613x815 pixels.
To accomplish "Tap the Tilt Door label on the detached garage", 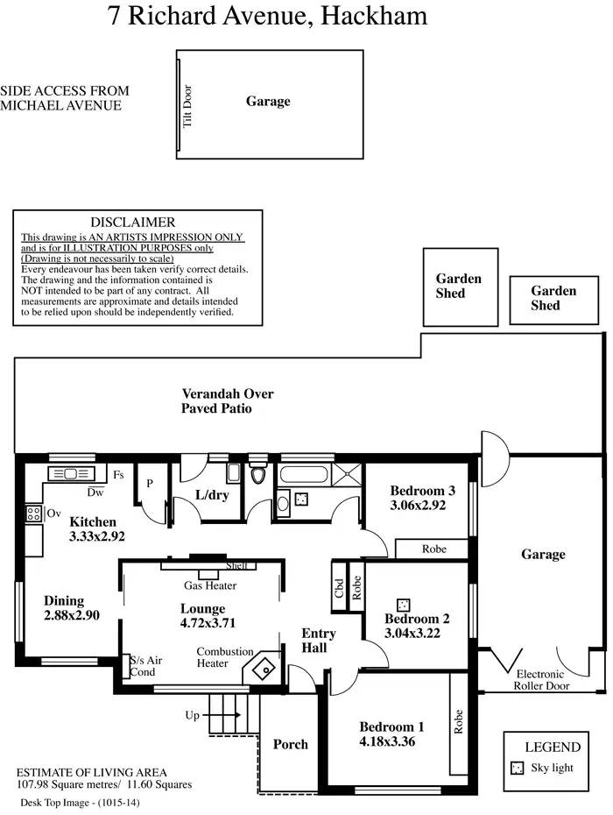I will [187, 105].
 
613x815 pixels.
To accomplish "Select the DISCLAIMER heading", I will [133, 223].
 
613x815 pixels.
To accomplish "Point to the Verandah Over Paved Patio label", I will [217, 400].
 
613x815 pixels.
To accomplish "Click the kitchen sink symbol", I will [66, 474].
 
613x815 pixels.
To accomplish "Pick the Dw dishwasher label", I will [95, 493].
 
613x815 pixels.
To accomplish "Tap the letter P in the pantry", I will [149, 483].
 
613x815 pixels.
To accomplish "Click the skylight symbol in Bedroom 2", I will [403, 605].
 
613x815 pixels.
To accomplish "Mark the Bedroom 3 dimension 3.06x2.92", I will [419, 506].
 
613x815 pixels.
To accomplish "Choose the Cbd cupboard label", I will [339, 588].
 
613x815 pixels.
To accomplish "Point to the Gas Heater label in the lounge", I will [209, 585].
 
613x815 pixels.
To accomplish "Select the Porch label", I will [290, 744].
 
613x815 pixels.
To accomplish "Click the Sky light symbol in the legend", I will [517, 768].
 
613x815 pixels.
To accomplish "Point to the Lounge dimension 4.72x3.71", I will [203, 623].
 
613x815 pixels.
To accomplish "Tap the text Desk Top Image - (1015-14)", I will [79, 802].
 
